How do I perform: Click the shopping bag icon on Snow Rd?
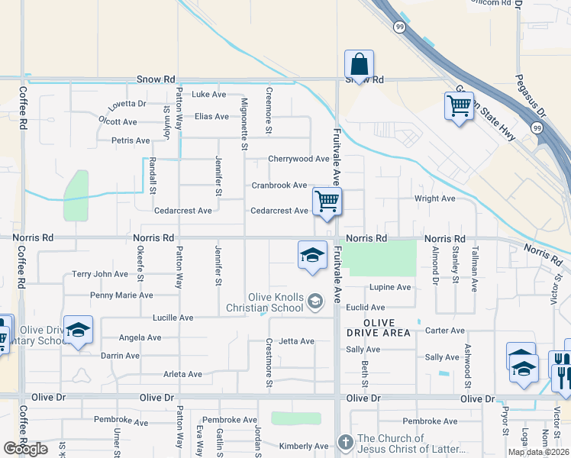coord(358,63)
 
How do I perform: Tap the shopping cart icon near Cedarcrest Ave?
coord(327,202)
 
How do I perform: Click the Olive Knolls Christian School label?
coord(275,303)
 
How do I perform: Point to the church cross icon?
coord(345,442)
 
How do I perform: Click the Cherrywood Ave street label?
coord(298,159)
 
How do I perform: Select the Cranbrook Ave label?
coord(279,185)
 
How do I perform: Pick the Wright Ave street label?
coord(434,198)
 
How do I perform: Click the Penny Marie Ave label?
coord(121,295)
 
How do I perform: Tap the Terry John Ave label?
coord(100,274)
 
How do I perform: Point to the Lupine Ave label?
coord(390,288)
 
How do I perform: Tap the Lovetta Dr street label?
coord(127,103)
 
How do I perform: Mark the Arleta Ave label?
coord(182,374)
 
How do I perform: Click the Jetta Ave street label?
coord(297,341)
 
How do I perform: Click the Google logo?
coord(25,449)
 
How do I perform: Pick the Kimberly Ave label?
coord(303,447)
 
